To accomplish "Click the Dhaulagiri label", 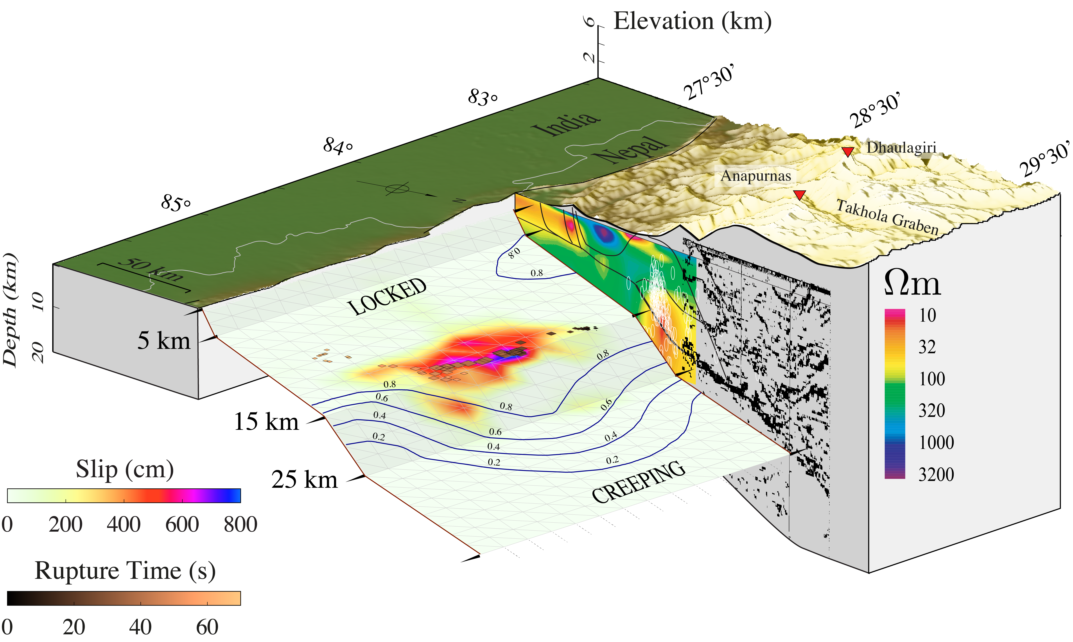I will tap(901, 147).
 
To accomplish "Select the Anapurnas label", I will tap(755, 176).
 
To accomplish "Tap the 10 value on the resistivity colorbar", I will tap(927, 315).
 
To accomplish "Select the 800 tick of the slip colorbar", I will tap(240, 524).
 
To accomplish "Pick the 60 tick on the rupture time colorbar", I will tap(207, 627).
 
